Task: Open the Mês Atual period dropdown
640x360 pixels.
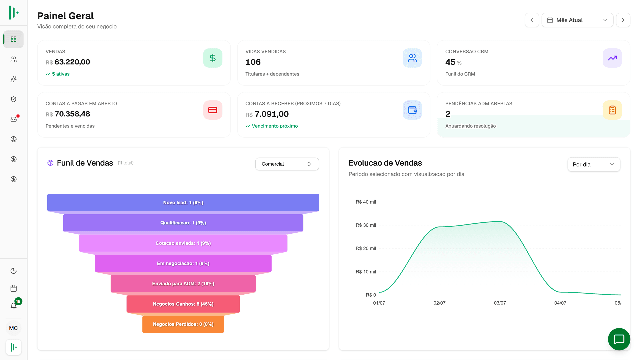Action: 577,20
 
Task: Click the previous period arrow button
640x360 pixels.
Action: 532,20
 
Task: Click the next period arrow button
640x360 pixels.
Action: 623,20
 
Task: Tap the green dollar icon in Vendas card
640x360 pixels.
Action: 213,58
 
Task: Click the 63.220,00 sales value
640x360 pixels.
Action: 72,62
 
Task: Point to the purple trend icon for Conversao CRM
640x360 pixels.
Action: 612,58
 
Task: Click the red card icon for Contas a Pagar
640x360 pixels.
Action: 213,110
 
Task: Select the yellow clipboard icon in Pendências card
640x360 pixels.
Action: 612,110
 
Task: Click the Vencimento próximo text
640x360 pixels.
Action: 275,126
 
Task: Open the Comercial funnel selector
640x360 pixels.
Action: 287,164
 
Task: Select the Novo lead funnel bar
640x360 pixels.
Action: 183,202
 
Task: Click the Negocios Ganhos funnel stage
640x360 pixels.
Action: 183,304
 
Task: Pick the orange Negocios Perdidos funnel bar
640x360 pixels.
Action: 183,324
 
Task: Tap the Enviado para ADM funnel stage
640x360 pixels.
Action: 183,284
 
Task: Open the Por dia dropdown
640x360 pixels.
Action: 594,164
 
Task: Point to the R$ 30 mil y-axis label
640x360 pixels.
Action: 366,225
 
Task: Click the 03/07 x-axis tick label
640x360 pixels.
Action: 500,303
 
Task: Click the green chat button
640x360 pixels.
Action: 619,339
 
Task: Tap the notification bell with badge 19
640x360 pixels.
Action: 14,306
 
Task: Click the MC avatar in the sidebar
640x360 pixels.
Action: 14,328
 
